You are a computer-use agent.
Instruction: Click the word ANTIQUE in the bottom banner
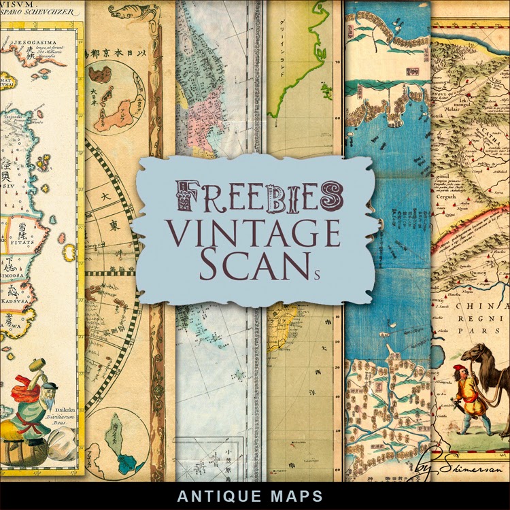[213, 495]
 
